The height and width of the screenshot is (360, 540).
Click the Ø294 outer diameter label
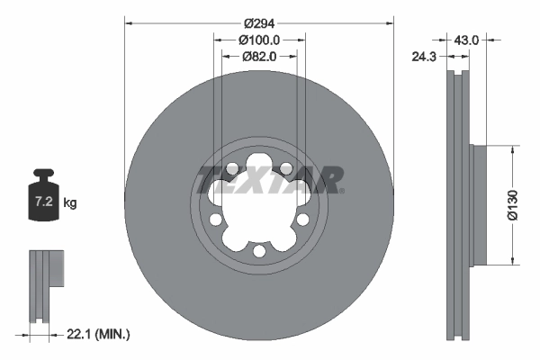[260, 22]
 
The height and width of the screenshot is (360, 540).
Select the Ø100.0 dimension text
[260, 40]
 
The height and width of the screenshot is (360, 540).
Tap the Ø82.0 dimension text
[260, 56]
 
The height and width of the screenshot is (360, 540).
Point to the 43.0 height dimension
[466, 40]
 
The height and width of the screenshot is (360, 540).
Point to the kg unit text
[70, 203]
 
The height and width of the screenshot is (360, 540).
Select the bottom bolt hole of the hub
[259, 251]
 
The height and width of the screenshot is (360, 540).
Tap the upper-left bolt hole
[232, 168]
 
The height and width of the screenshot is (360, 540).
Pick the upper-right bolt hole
[285, 168]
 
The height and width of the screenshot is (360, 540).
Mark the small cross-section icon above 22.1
[46, 283]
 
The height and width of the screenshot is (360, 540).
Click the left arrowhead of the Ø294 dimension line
[128, 22]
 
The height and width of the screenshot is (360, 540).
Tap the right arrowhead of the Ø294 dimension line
[391, 22]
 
